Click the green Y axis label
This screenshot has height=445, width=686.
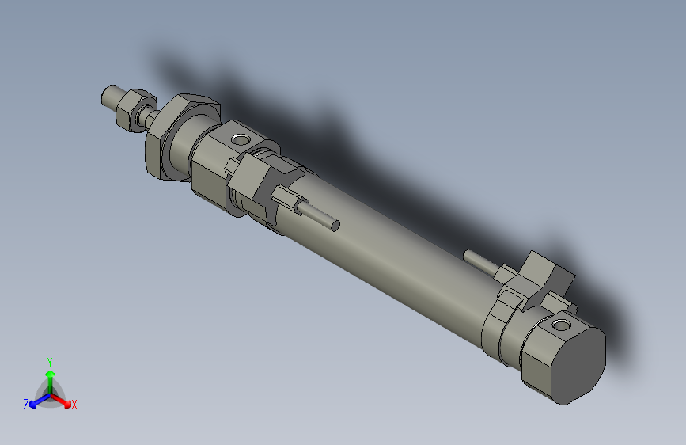click(50, 361)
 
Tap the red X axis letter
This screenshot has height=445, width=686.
click(74, 405)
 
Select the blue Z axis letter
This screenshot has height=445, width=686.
click(26, 404)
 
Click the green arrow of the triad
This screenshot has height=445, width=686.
click(50, 376)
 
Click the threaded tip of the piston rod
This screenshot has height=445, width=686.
click(111, 97)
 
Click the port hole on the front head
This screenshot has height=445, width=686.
click(239, 141)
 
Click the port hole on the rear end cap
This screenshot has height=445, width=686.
click(562, 325)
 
